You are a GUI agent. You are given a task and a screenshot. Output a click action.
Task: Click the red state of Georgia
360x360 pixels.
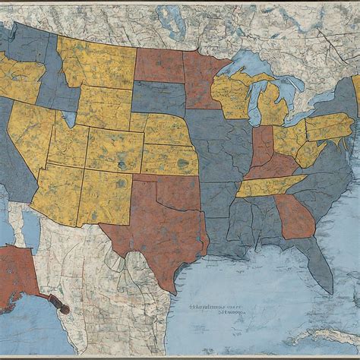point(295,217)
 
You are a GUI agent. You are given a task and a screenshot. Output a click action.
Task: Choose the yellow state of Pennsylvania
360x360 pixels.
point(328,126)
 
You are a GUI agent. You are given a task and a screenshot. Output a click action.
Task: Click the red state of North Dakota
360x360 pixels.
point(159,65)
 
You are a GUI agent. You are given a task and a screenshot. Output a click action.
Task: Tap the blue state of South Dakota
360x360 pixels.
point(159,98)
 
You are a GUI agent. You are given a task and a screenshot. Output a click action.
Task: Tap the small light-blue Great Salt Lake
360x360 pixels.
point(69,118)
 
